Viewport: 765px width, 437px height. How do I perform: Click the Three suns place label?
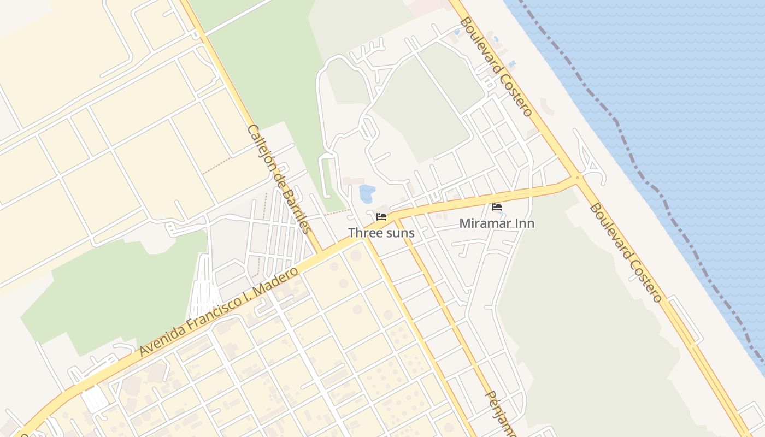[x=381, y=233]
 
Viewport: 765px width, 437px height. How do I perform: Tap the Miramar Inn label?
[x=497, y=223]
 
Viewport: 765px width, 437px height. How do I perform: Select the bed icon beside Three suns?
[x=381, y=217]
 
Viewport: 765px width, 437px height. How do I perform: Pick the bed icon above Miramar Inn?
[x=497, y=207]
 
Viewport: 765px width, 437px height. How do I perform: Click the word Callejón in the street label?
[x=261, y=146]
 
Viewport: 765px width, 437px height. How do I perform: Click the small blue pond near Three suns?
[x=367, y=193]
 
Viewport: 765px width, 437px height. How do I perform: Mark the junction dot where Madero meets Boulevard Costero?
[x=577, y=178]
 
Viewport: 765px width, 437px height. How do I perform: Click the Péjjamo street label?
[x=501, y=412]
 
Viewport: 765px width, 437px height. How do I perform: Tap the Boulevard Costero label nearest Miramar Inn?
[x=626, y=252]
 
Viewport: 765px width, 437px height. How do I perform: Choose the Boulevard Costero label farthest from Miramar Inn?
[x=496, y=67]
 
